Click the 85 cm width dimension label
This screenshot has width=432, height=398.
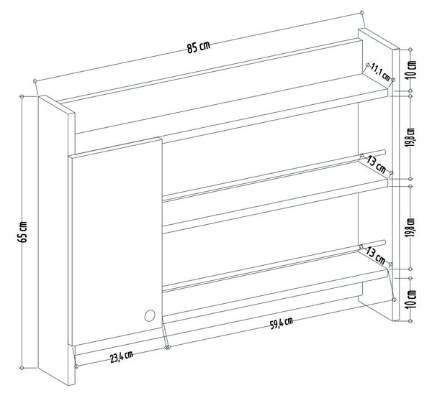pos(199,47)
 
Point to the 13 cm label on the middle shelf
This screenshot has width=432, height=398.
pos(377,165)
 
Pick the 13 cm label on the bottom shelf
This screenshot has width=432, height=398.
pos(376,255)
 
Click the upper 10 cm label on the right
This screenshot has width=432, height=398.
pos(412,70)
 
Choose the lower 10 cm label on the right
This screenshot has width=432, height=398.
pos(412,299)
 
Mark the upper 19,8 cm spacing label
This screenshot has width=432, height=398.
pos(412,138)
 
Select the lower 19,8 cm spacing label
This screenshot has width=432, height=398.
pos(412,228)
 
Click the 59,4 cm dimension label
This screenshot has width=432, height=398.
pos(281,323)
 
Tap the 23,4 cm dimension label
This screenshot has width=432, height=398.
pos(122,357)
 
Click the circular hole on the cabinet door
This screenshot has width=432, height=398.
pos(150,315)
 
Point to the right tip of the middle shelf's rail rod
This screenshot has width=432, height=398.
pos(384,151)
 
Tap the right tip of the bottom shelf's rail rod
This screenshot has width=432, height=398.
pos(384,241)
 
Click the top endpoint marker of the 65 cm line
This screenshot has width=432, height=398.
pos(22,96)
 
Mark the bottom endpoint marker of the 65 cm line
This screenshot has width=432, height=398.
pos(22,368)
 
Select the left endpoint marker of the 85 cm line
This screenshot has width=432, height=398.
pos(35,80)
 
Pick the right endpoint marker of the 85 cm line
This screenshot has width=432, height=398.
pos(361,13)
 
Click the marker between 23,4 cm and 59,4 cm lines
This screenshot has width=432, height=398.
pos(167,348)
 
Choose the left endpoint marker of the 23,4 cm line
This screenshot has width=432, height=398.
pos(76,366)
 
